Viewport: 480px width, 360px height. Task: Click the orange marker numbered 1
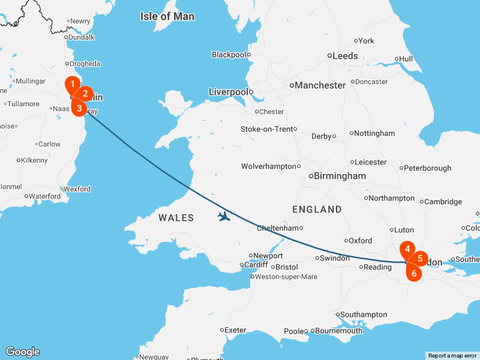(72, 85)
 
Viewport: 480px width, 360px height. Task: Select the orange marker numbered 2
(85, 94)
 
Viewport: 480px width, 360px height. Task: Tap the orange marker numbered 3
(79, 107)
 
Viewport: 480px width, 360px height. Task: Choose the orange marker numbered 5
(420, 259)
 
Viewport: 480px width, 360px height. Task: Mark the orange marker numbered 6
(413, 272)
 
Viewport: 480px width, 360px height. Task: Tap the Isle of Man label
(167, 16)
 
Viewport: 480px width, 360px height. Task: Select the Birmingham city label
(340, 176)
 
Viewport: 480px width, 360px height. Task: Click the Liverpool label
(228, 92)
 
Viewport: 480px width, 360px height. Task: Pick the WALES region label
(176, 218)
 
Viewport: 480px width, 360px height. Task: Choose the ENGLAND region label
(317, 209)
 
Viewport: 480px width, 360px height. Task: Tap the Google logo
(22, 352)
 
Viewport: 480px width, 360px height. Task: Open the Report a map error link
(452, 356)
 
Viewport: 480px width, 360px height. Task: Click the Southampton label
(364, 314)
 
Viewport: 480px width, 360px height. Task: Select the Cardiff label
(257, 265)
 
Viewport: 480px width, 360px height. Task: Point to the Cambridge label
(443, 202)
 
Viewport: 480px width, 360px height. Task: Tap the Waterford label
(45, 196)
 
